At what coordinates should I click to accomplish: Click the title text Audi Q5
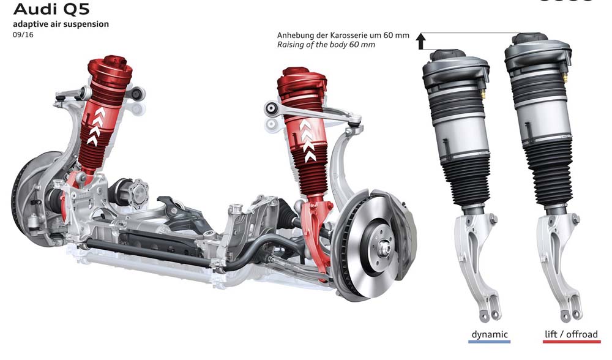tap(51, 9)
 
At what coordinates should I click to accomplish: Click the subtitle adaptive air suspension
tap(61, 24)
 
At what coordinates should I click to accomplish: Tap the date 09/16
tap(23, 35)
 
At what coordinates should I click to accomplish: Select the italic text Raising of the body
tap(312, 45)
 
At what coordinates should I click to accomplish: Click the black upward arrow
tap(421, 41)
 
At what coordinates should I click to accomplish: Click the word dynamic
tap(490, 335)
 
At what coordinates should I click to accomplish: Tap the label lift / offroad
tap(572, 334)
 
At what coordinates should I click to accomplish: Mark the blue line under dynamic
tap(490, 342)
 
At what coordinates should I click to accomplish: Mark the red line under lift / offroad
tap(572, 342)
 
